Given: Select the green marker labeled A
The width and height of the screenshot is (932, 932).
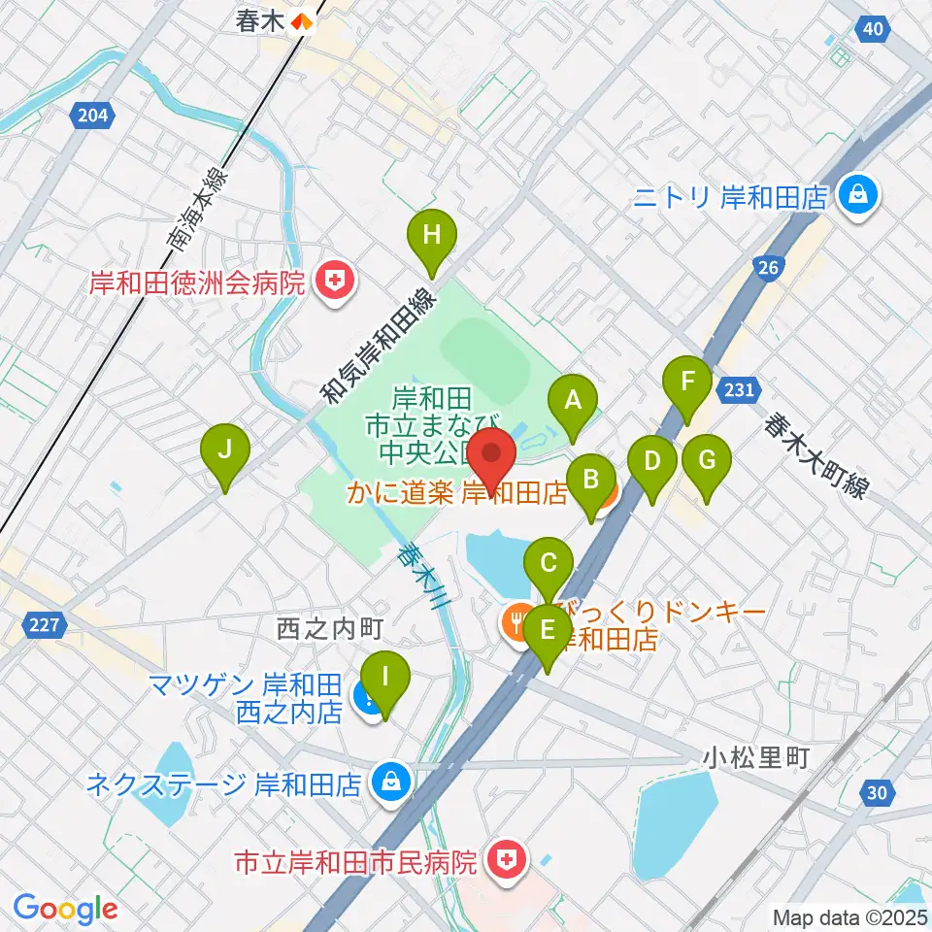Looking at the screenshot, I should pos(573,399).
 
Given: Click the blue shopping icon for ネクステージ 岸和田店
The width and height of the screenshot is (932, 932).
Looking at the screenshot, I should pos(390,782).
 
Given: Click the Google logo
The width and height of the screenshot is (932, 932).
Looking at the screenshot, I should pos(65,909).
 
